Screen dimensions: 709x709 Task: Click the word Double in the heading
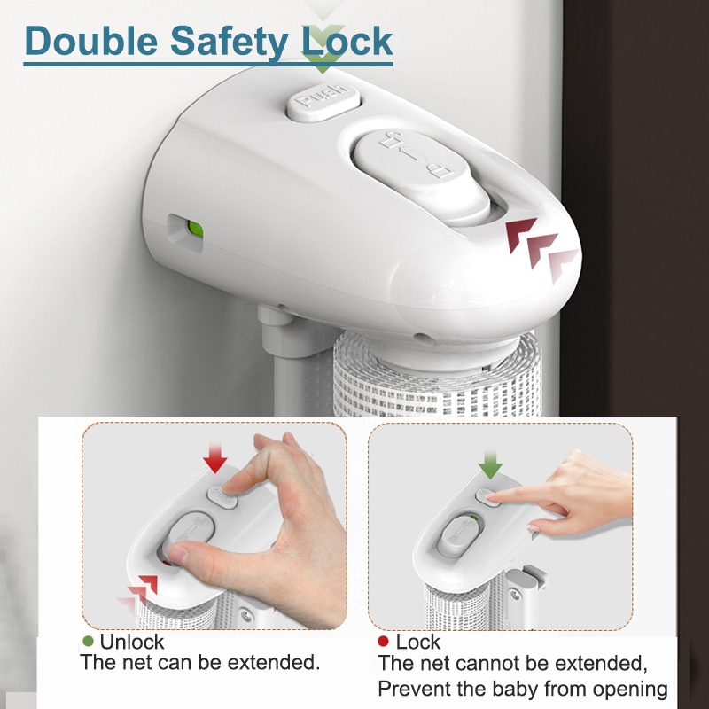(x=91, y=41)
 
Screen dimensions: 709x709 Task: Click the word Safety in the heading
(x=229, y=43)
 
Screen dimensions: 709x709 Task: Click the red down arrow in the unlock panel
(x=214, y=458)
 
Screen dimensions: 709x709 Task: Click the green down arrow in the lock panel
(x=490, y=464)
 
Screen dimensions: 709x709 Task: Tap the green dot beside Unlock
(x=88, y=641)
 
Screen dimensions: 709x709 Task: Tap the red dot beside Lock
(x=383, y=641)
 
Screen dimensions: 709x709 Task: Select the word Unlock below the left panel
(x=131, y=642)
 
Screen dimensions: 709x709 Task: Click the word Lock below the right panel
(x=417, y=642)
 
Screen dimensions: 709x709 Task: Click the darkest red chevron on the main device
(x=520, y=233)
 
